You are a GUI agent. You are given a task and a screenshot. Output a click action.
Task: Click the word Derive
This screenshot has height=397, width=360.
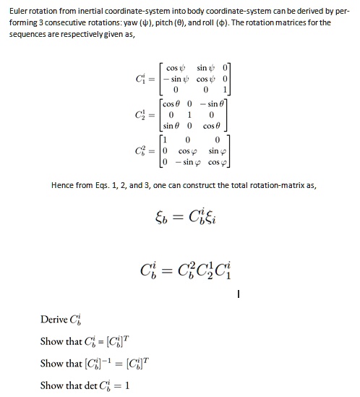click(54, 319)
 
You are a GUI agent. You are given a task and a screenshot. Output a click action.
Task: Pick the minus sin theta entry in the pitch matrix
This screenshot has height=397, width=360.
click(221, 106)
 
